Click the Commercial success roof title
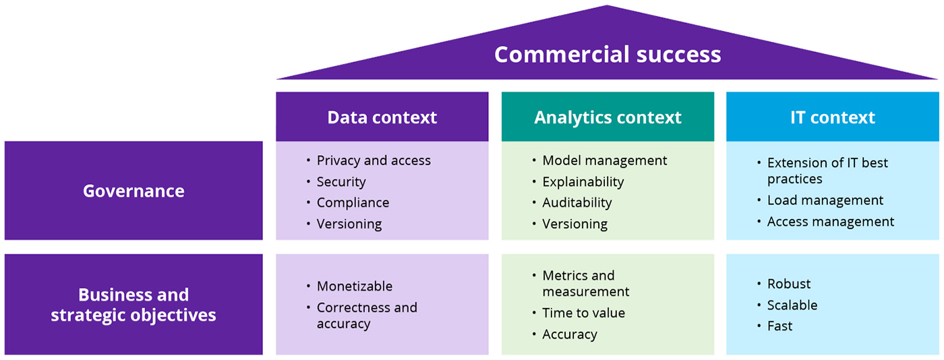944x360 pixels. pos(608,54)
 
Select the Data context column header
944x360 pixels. pos(382,117)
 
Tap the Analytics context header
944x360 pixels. pos(608,117)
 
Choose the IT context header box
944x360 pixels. pos(832,117)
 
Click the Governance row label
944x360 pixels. pos(134,191)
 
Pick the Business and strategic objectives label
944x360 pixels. pos(134,305)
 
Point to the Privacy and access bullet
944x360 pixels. pos(374,160)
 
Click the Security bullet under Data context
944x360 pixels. pos(341,182)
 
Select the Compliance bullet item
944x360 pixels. pos(353,203)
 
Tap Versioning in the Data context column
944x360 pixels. pos(349,224)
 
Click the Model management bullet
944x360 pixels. pos(605,160)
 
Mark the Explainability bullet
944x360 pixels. pos(583,182)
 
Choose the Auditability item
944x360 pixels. pos(577,203)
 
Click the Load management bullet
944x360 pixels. pos(825,200)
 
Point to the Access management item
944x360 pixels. pos(831,222)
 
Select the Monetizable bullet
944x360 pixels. pos(355,287)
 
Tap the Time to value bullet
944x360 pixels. pos(584,313)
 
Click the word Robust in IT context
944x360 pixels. pos(789,284)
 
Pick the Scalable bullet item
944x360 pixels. pos(792,305)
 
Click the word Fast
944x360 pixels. pos(780,326)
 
